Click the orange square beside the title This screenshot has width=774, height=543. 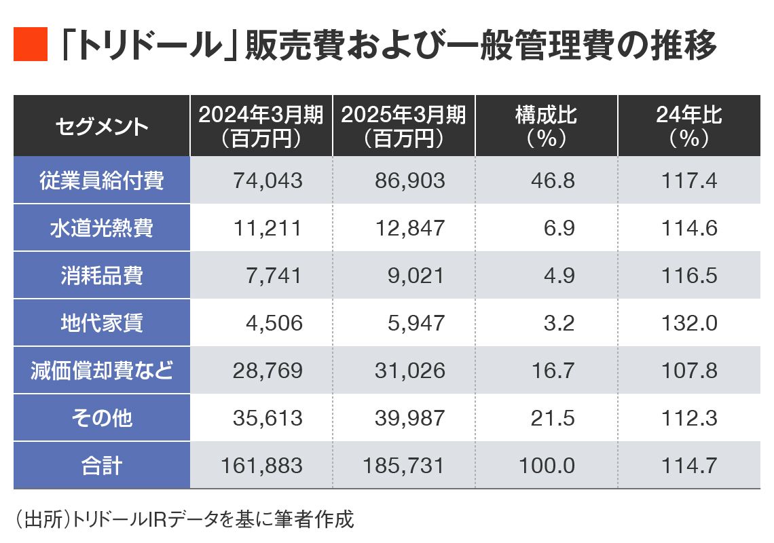[31, 45]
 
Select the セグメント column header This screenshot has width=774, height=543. [102, 126]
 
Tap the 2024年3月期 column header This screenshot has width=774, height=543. [261, 126]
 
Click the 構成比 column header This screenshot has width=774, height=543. [547, 126]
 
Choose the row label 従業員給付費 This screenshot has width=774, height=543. [102, 181]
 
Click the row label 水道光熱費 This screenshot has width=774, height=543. [102, 228]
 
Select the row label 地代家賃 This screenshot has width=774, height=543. [102, 323]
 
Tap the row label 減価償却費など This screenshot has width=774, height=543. [102, 371]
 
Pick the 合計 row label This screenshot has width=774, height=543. [102, 466]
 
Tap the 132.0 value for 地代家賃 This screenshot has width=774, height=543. [689, 323]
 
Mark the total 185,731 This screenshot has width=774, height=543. [404, 466]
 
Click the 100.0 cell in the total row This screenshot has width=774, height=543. [547, 466]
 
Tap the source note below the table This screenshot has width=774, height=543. [184, 520]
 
